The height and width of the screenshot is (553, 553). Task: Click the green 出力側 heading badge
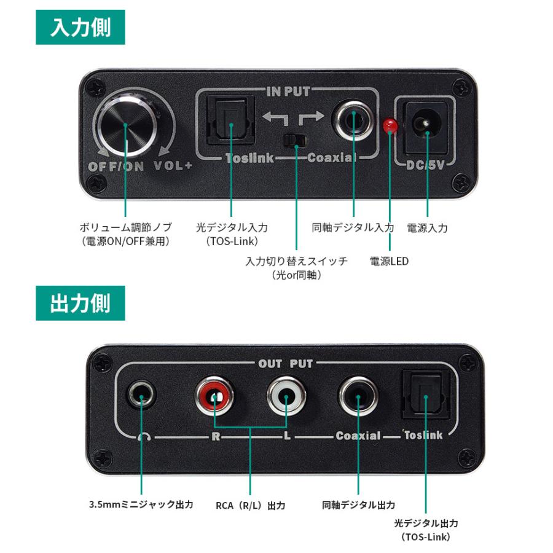[80, 304]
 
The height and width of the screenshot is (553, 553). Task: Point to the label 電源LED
[389, 261]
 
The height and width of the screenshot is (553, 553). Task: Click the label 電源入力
[427, 228]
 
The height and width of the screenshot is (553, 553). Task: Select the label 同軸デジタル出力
[359, 505]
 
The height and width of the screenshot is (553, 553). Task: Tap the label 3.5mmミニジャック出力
[141, 505]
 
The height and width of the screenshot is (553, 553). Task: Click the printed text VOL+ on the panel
[173, 166]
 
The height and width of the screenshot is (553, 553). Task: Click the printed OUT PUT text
[286, 364]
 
